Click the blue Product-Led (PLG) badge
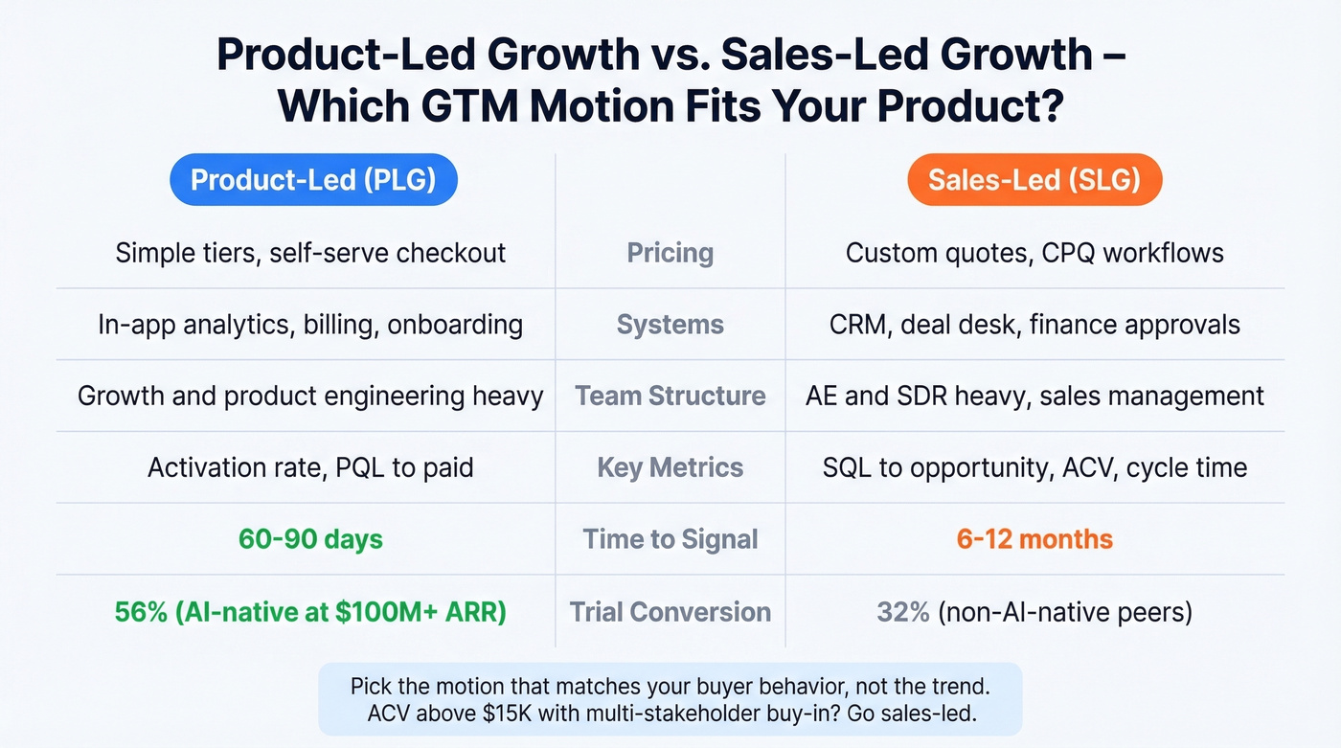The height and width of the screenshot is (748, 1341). pyautogui.click(x=313, y=180)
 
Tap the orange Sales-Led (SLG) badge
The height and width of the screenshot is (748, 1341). pyautogui.click(x=1034, y=180)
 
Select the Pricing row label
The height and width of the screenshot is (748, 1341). pyautogui.click(x=670, y=253)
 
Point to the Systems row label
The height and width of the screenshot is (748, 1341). pyautogui.click(x=670, y=325)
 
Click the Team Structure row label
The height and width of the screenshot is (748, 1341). pyautogui.click(x=670, y=397)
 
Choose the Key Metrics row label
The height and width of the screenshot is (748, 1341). pyautogui.click(x=670, y=468)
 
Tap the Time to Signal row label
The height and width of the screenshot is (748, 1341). pyautogui.click(x=670, y=539)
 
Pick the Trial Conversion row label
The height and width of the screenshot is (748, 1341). pyautogui.click(x=670, y=612)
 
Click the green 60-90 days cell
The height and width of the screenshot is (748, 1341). pyautogui.click(x=310, y=539)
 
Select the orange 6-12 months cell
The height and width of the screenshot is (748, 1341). pyautogui.click(x=1034, y=539)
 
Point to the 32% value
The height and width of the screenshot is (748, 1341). pyautogui.click(x=902, y=612)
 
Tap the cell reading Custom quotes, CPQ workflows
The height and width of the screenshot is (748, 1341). pyautogui.click(x=1034, y=253)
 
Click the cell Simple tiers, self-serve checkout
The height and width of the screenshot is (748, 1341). pyautogui.click(x=310, y=253)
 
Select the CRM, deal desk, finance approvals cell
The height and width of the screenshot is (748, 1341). pyautogui.click(x=1034, y=325)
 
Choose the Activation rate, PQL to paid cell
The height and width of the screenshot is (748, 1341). pyautogui.click(x=310, y=468)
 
